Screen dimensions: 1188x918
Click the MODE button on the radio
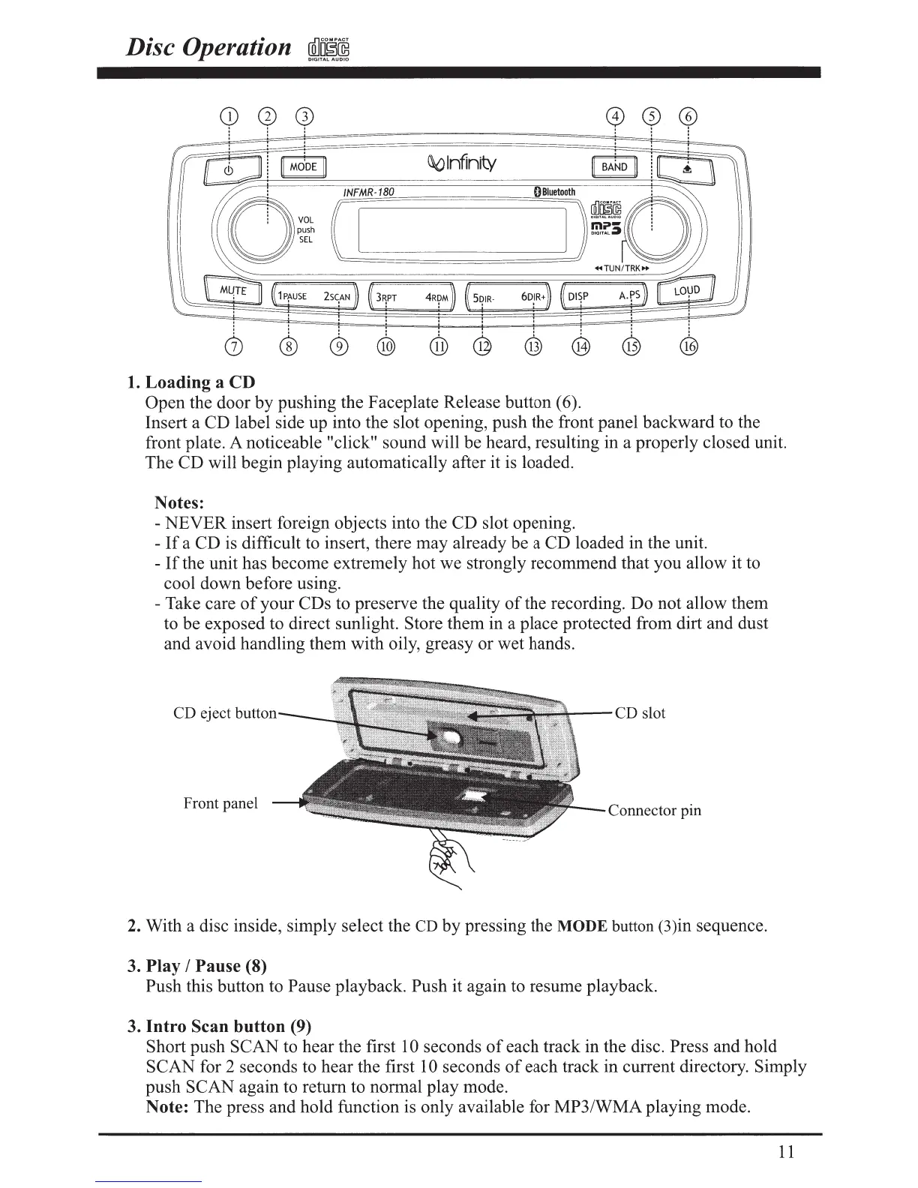click(303, 167)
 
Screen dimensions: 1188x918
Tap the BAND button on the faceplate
click(614, 167)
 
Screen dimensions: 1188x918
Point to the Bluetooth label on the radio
click(553, 192)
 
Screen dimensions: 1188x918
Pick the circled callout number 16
click(688, 346)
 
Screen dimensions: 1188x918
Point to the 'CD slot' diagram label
click(640, 713)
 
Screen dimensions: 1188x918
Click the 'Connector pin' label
click(655, 811)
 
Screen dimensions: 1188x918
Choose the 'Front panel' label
click(220, 804)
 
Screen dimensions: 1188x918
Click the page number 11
click(787, 1152)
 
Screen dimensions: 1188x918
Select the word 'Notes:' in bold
click(179, 502)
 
